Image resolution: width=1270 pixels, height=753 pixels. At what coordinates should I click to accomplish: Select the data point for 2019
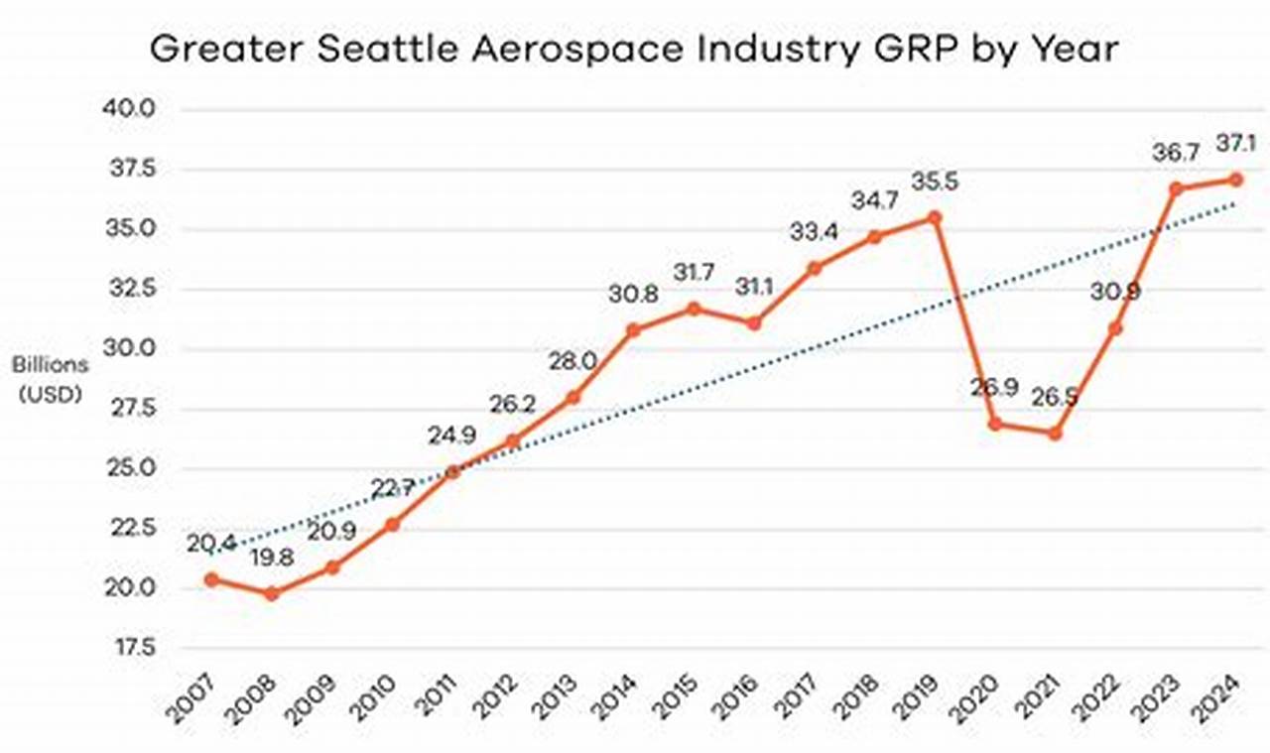(x=935, y=216)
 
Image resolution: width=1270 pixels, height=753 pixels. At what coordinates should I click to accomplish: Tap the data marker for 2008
(x=272, y=593)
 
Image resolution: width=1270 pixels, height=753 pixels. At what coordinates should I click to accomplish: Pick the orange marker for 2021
(x=1056, y=434)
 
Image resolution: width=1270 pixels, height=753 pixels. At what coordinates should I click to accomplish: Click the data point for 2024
(x=1235, y=179)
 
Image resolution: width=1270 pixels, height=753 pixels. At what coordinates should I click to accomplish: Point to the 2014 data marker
(x=634, y=329)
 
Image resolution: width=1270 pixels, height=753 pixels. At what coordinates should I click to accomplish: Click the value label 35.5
(x=935, y=184)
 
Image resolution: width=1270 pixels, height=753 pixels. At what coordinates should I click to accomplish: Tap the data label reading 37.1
(x=1235, y=145)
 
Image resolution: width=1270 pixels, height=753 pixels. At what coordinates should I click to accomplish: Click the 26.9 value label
(x=995, y=387)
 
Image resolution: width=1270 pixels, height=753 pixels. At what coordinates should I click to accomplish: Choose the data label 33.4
(x=814, y=233)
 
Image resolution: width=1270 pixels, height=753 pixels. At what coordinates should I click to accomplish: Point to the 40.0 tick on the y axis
(x=129, y=108)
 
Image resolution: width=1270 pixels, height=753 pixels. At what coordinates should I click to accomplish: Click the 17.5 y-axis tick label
(x=129, y=648)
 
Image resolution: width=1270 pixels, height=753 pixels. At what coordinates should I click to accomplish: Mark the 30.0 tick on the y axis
(x=129, y=348)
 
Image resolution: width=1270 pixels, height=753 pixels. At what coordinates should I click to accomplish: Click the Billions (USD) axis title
(x=50, y=378)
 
